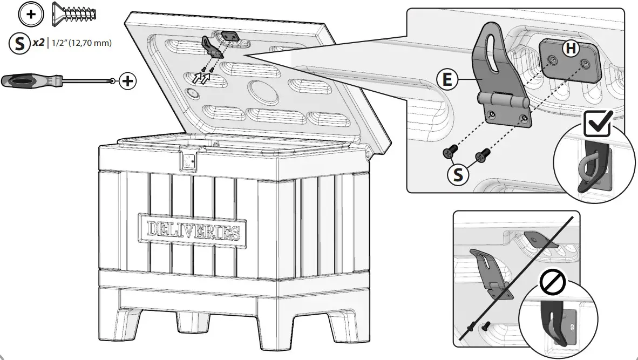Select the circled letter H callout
570,49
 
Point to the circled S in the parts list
19,43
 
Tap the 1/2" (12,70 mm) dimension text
81,43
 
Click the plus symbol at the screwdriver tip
127,81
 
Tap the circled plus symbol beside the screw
31,14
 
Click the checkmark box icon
598,124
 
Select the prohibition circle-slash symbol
551,282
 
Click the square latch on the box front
189,160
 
